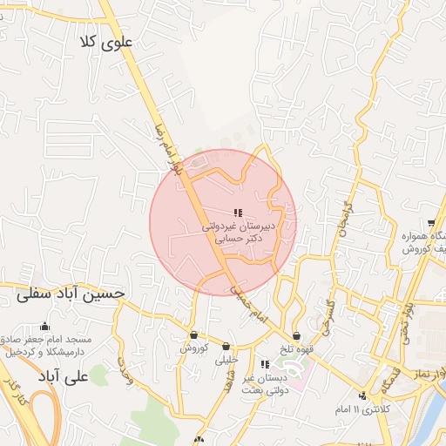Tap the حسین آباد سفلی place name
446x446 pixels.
(71, 294)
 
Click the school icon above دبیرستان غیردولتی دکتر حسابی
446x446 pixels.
(238, 213)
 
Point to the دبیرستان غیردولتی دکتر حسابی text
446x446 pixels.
(238, 230)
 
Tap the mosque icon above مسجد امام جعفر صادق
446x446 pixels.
(44, 327)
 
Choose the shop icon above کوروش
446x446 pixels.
(193, 335)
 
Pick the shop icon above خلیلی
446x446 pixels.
(226, 347)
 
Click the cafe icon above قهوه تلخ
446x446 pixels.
(297, 336)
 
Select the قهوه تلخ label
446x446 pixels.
(296, 350)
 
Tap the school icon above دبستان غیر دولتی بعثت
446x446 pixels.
(265, 364)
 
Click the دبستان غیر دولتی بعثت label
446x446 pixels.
(260, 383)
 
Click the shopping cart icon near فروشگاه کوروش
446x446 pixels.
(432, 223)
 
